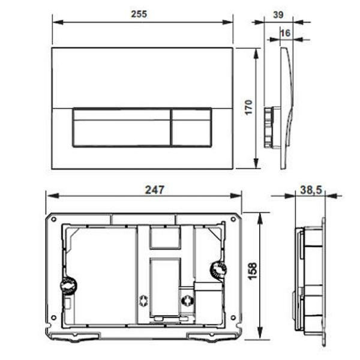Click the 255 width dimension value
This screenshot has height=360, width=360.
[142, 13]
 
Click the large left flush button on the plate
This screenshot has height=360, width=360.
[122, 127]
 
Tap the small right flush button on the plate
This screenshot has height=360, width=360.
[191, 127]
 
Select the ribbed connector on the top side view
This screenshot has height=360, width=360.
[268, 127]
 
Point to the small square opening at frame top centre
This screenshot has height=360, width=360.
[164, 238]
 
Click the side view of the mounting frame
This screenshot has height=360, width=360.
[310, 279]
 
